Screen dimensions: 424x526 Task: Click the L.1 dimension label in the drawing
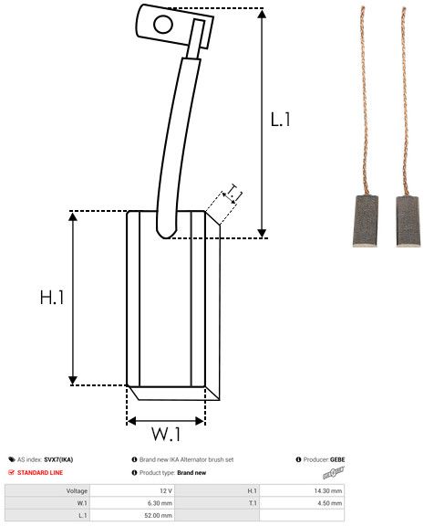(280, 120)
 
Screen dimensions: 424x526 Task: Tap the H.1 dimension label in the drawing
(52, 297)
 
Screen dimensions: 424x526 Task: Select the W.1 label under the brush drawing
(166, 434)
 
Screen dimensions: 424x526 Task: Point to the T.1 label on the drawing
(234, 192)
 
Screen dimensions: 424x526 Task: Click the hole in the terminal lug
(163, 25)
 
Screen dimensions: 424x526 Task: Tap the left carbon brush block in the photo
(366, 221)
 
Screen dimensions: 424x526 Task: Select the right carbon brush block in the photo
(408, 221)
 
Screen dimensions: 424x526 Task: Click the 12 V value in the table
(166, 490)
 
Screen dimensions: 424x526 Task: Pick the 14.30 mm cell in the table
(328, 490)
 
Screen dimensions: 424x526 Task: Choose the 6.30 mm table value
(160, 503)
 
